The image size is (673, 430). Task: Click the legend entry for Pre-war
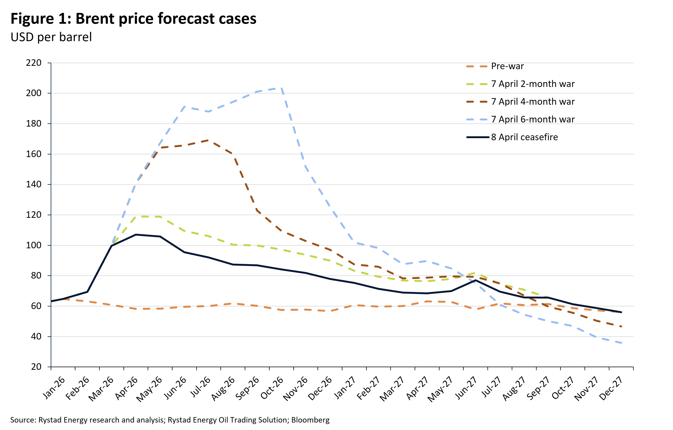pos(507,66)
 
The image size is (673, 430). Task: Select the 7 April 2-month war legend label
pos(533,84)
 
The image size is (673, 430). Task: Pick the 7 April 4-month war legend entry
pos(533,102)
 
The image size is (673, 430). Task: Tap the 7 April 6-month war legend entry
pos(533,119)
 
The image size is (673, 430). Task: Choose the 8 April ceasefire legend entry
pos(524,137)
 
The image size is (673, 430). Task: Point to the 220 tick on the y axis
pos(34,63)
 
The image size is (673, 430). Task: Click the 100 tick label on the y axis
pos(34,245)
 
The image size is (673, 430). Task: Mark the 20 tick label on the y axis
pos(36,367)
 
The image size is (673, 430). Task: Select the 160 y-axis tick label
pos(34,154)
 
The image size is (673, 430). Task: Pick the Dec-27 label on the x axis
pos(611,388)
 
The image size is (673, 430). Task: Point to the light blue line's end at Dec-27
pos(621,343)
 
